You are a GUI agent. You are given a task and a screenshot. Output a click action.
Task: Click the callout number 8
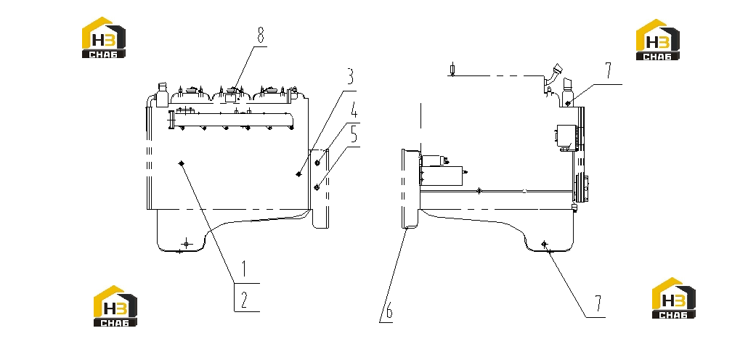click(x=261, y=36)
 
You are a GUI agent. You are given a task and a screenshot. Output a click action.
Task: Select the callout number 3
click(x=349, y=77)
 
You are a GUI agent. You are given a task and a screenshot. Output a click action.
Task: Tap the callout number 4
click(x=354, y=112)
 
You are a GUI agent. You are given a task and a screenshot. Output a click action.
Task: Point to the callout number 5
click(x=354, y=134)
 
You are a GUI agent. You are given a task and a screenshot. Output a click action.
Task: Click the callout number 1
click(x=244, y=269)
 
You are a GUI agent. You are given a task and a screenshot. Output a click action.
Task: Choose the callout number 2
click(x=244, y=300)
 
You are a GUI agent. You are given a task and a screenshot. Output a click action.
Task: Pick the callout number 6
click(x=389, y=312)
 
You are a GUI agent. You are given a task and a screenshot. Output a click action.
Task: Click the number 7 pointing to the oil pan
click(x=598, y=303)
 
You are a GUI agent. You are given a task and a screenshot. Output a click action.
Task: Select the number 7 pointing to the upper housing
click(x=608, y=70)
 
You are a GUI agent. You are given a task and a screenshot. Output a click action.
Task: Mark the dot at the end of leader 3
click(x=298, y=174)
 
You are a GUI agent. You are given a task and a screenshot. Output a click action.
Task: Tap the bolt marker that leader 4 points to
click(x=317, y=163)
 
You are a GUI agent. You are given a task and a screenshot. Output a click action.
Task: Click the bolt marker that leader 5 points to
click(x=317, y=188)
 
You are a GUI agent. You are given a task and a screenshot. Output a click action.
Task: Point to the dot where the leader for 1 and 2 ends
click(x=182, y=163)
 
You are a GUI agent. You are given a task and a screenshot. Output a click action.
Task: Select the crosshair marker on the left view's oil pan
click(x=186, y=244)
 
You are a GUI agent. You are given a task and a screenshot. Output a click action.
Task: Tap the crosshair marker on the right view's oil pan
click(x=545, y=244)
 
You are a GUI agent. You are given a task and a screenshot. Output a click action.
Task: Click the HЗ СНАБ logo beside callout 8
click(x=104, y=38)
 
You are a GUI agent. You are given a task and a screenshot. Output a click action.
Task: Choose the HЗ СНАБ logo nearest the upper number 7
click(x=658, y=40)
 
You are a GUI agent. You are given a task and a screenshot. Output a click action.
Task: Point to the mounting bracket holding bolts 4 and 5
click(x=319, y=188)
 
